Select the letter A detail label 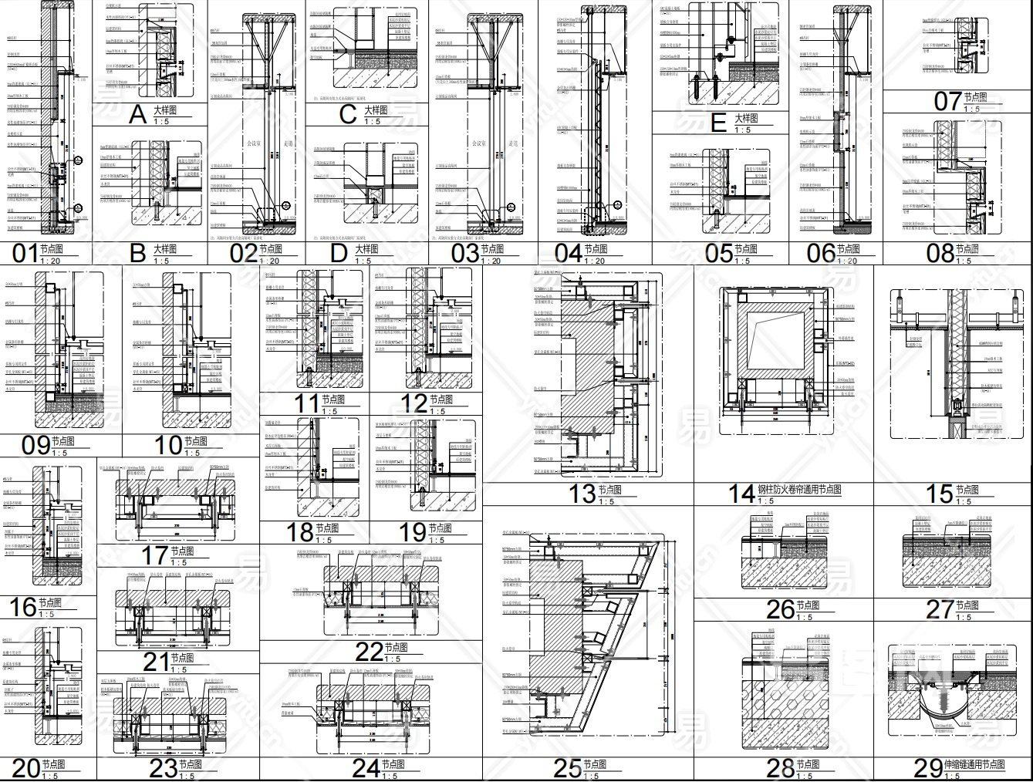(137, 116)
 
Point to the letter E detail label (717, 122)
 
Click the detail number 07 (947, 101)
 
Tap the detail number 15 (939, 493)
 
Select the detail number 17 (155, 554)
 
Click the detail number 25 (567, 768)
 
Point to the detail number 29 (927, 768)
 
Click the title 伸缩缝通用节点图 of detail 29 (974, 765)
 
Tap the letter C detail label (348, 114)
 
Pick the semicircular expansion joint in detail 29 (939, 703)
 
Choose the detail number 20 (25, 768)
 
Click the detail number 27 (940, 609)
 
